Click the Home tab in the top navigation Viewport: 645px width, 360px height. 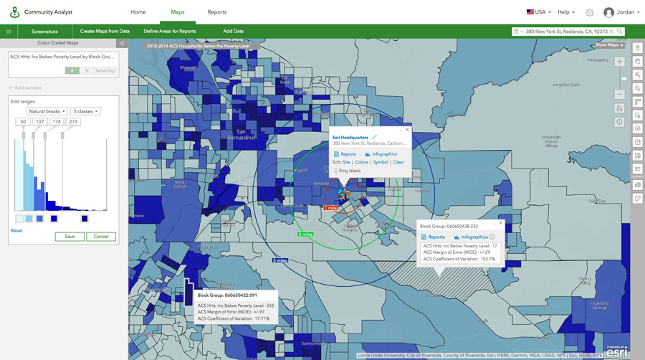(x=138, y=12)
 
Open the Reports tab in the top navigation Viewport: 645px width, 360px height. (x=216, y=12)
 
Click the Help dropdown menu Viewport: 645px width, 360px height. (x=567, y=12)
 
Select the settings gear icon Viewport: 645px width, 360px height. (x=590, y=12)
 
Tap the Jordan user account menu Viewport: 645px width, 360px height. (x=619, y=12)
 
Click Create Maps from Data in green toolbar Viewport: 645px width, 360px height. (x=105, y=32)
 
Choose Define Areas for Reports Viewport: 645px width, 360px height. (x=170, y=32)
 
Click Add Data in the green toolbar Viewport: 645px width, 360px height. (x=233, y=32)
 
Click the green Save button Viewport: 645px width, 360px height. (x=70, y=237)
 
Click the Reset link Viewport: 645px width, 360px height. (x=16, y=231)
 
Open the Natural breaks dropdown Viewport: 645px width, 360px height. (x=47, y=111)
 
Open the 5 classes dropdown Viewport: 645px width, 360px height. (x=86, y=111)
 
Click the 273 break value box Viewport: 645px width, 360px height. (x=73, y=122)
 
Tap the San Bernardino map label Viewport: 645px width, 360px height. (x=246, y=134)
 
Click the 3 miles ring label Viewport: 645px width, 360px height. (x=305, y=235)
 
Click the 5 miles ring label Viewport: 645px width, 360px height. (x=279, y=261)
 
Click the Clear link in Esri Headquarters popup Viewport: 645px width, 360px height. (x=398, y=162)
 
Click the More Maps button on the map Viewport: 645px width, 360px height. (x=609, y=45)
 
